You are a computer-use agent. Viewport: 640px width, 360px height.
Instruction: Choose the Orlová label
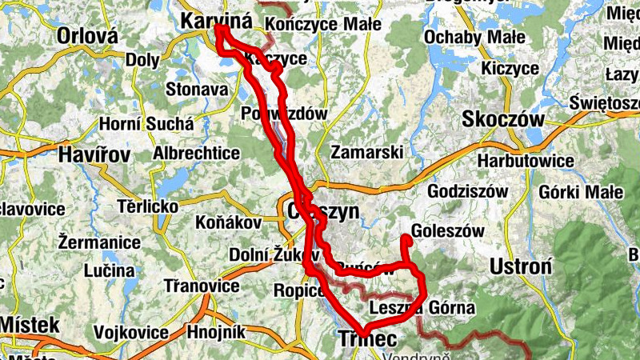[87, 36]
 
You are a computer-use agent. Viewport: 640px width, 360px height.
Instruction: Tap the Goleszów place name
[450, 230]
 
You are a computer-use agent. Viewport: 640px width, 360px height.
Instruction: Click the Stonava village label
[197, 90]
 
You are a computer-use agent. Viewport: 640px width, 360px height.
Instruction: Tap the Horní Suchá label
[146, 124]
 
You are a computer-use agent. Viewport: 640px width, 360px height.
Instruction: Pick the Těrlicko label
[148, 206]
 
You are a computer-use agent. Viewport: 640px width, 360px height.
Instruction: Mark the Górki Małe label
[582, 192]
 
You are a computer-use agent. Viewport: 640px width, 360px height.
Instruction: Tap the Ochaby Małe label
[474, 37]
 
